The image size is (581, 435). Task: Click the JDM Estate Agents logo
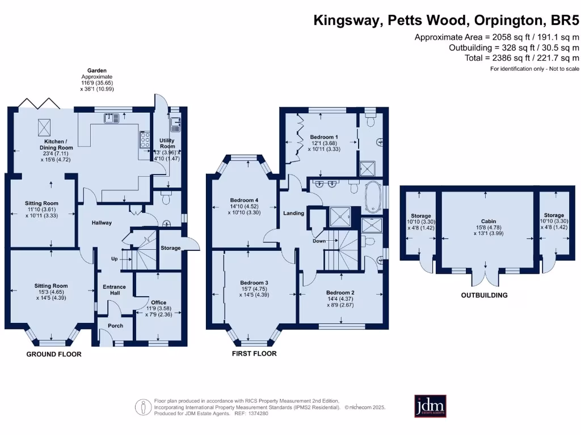pyautogui.click(x=430, y=406)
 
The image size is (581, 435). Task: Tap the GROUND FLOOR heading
pyautogui.click(x=54, y=354)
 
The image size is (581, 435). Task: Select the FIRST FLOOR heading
pyautogui.click(x=254, y=353)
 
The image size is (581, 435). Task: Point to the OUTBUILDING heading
pyautogui.click(x=484, y=295)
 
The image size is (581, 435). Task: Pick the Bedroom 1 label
pyautogui.click(x=324, y=137)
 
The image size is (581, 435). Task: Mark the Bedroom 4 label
pyautogui.click(x=244, y=200)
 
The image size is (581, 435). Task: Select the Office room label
pyautogui.click(x=158, y=302)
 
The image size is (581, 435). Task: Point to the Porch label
pyautogui.click(x=115, y=326)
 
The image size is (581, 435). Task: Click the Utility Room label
pyautogui.click(x=167, y=143)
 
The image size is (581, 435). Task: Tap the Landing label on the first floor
pyautogui.click(x=294, y=213)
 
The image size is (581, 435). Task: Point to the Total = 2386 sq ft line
pyautogui.click(x=521, y=58)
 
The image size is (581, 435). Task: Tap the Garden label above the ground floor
pyautogui.click(x=96, y=71)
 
